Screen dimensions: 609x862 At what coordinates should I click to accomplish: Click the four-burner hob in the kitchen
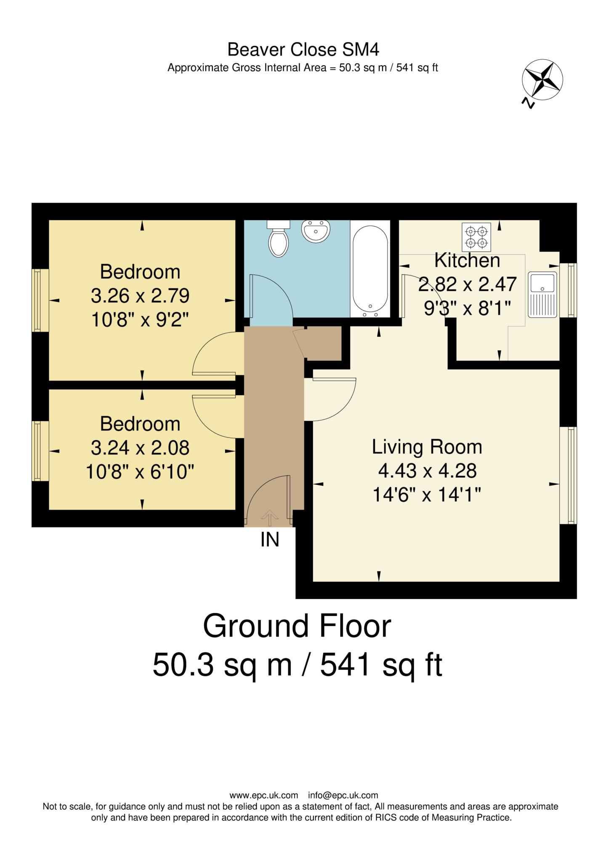476,237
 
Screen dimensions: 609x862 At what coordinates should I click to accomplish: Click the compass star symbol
542,80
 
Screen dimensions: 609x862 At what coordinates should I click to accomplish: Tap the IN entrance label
270,540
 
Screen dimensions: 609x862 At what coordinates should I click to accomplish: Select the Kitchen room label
467,261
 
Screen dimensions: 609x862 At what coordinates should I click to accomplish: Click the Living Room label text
427,447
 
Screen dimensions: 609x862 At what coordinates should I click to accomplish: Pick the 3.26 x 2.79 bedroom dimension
140,296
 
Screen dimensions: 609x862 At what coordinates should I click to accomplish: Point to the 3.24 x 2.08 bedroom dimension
140,448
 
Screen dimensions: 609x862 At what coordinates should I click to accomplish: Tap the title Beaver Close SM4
303,50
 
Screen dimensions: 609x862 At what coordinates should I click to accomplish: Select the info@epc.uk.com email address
343,795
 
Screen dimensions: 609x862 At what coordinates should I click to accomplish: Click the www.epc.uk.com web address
264,795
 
